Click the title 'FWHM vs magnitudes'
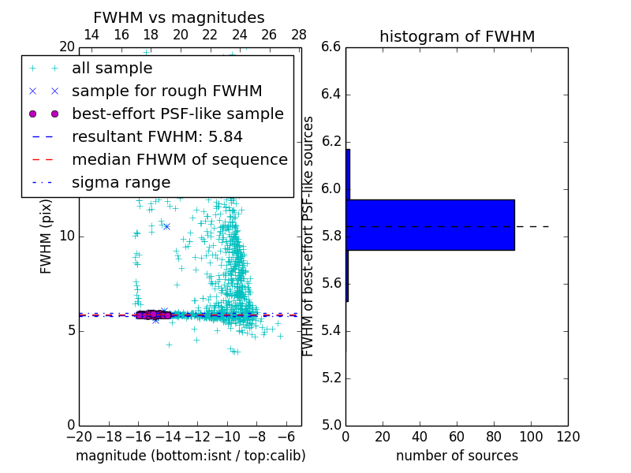178,17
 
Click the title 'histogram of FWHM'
457,36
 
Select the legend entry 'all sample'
112,69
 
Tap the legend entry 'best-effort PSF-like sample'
177,114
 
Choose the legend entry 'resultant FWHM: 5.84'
157,137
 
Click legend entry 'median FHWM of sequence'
179,160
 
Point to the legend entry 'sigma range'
121,183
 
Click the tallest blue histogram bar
431,225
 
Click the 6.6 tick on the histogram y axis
332,47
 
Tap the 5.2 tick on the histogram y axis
332,378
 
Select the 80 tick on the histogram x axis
494,436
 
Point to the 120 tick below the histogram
568,436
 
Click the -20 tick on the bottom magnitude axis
79,436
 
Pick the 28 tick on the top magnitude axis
299,35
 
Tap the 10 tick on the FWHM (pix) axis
68,236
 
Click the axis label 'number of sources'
457,456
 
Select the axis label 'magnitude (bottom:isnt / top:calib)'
190,456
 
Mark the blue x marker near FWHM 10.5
166,226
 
